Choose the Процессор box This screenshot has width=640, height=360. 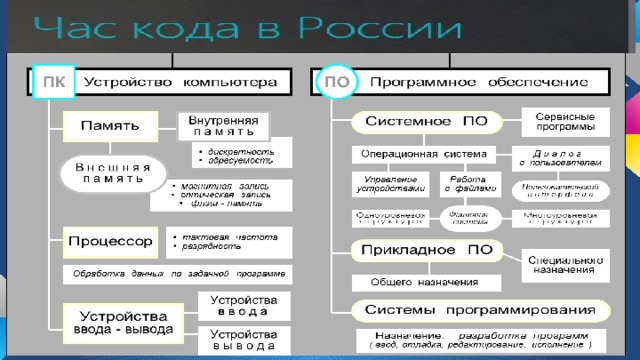(x=110, y=241)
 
